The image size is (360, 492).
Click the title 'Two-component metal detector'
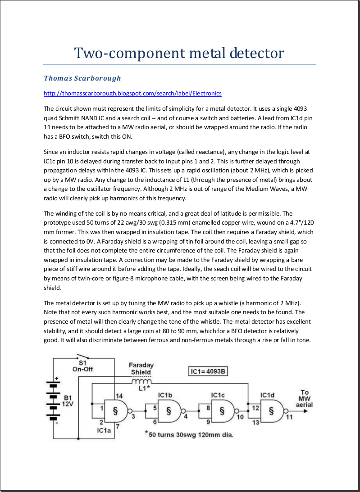pyautogui.click(x=179, y=53)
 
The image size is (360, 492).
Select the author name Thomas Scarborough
pyautogui.click(x=82, y=78)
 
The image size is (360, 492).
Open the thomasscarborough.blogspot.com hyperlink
pyautogui.click(x=132, y=94)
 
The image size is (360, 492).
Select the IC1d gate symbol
pyautogui.click(x=272, y=411)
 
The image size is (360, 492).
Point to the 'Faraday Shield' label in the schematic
pyautogui.click(x=141, y=369)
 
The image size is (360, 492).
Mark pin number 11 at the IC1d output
pyautogui.click(x=289, y=417)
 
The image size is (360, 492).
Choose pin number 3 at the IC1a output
pyautogui.click(x=133, y=417)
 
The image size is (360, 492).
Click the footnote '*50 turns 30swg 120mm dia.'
pyautogui.click(x=189, y=435)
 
